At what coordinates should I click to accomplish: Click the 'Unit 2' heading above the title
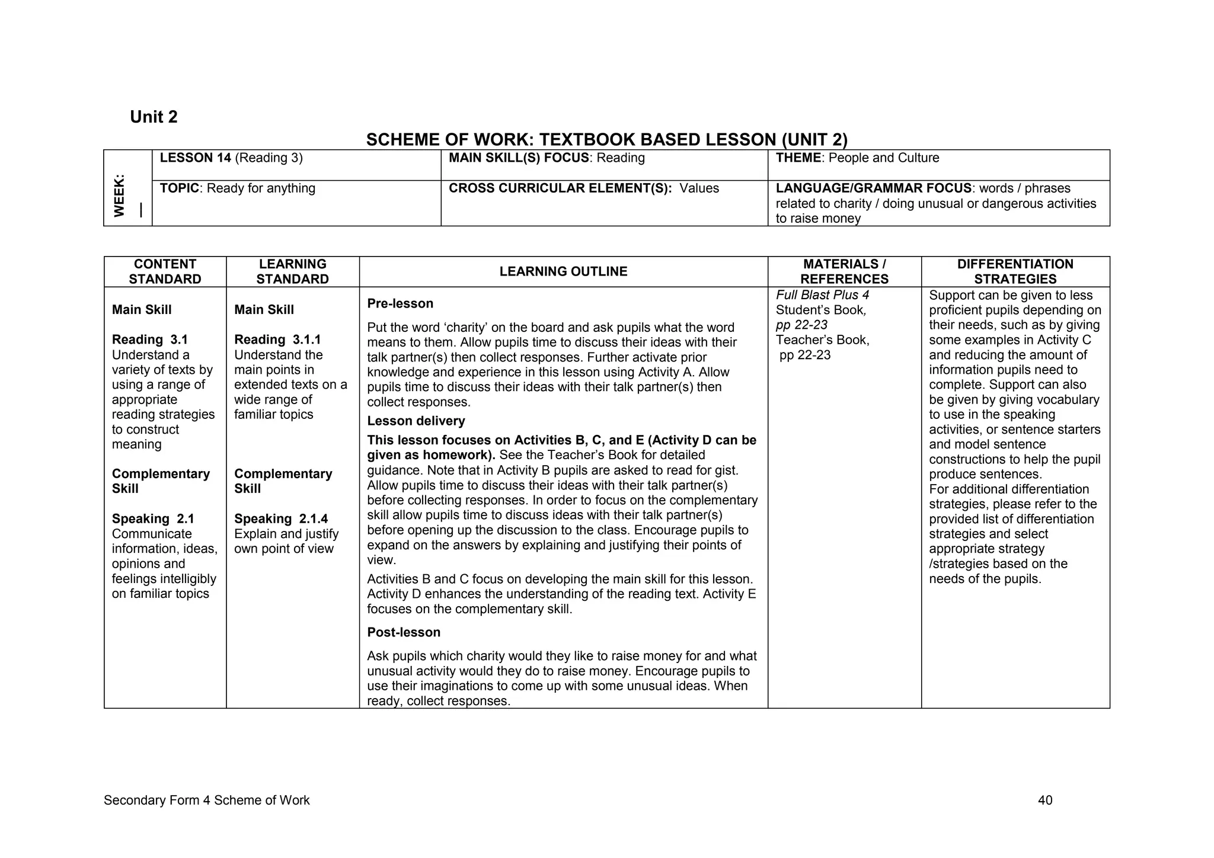(x=154, y=117)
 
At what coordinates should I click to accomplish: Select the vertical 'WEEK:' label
(x=120, y=195)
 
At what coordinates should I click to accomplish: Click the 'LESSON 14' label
(x=195, y=158)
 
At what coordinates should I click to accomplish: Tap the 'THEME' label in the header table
(x=799, y=158)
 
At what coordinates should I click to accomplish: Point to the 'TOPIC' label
(x=180, y=188)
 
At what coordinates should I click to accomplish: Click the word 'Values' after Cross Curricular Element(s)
(x=699, y=188)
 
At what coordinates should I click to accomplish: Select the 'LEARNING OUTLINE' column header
(x=563, y=271)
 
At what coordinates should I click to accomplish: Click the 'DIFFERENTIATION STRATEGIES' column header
(x=1015, y=271)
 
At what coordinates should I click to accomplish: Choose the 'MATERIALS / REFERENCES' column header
(x=844, y=271)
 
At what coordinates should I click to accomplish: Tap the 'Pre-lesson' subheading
(x=400, y=303)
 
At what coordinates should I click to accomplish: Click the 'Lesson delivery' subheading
(x=416, y=421)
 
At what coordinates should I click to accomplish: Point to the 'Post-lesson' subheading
(x=404, y=632)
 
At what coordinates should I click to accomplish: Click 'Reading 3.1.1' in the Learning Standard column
(x=277, y=340)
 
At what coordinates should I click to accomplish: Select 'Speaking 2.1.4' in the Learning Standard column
(x=281, y=518)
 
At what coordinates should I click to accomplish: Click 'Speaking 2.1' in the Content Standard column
(x=153, y=518)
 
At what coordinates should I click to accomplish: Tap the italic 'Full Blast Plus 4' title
(x=822, y=295)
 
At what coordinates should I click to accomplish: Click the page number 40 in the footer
(x=1045, y=801)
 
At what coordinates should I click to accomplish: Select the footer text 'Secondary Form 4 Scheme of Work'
(x=206, y=801)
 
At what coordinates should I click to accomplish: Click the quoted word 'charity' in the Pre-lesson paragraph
(x=451, y=328)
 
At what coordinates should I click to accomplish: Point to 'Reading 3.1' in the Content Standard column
(x=149, y=340)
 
